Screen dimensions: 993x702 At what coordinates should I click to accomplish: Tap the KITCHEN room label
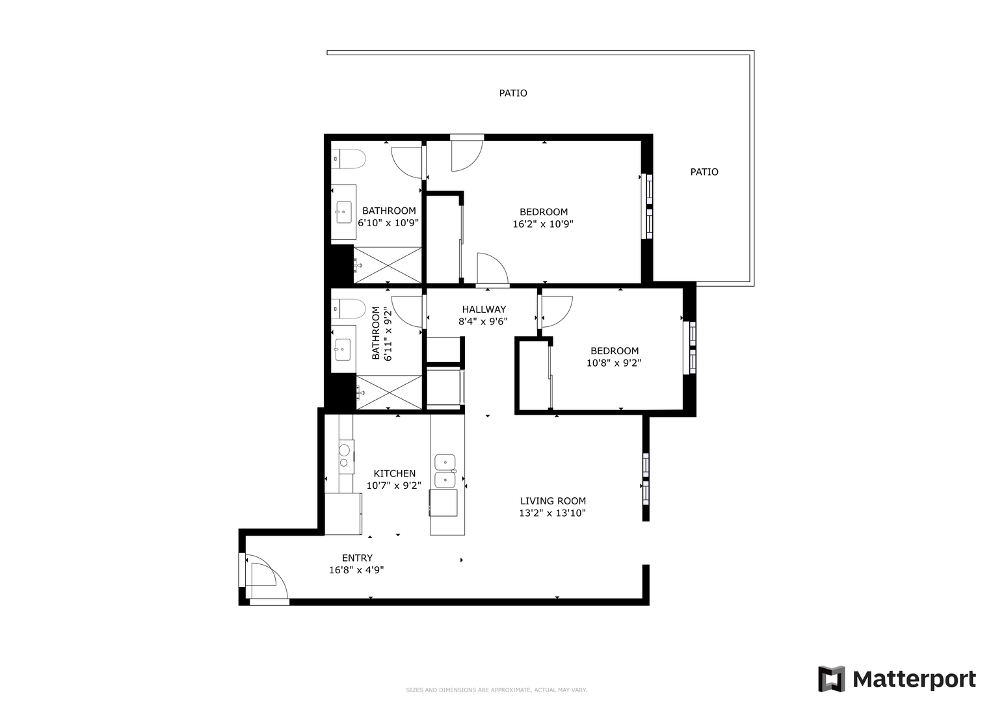[395, 473]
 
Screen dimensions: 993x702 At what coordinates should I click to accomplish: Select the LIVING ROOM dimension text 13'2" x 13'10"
[552, 513]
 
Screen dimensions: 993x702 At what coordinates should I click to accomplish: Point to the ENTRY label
[357, 558]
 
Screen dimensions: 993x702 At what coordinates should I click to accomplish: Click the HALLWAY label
[484, 309]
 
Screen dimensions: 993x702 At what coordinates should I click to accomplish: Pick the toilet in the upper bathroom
[349, 159]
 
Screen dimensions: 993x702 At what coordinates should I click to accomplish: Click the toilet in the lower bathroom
[349, 309]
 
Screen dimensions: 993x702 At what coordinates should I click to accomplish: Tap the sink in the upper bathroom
[344, 213]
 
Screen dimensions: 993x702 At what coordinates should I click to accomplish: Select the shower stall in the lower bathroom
[390, 392]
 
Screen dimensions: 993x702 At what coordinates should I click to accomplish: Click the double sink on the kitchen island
[445, 471]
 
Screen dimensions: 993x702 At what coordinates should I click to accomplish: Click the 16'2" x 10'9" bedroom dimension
[543, 224]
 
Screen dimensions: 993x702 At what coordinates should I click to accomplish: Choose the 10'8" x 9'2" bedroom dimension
[614, 363]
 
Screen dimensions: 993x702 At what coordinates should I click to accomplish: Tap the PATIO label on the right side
[704, 172]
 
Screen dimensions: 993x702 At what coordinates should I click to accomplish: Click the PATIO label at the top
[513, 93]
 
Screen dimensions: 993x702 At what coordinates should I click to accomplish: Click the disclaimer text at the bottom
[497, 690]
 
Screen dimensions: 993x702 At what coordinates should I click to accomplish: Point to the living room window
[646, 478]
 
